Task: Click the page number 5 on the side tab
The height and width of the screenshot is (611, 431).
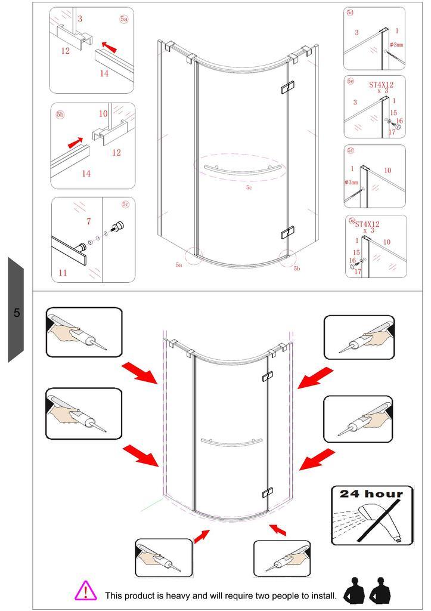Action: pyautogui.click(x=17, y=313)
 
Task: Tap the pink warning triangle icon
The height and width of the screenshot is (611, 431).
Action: pyautogui.click(x=85, y=591)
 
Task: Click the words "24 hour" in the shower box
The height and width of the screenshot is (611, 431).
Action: pyautogui.click(x=371, y=494)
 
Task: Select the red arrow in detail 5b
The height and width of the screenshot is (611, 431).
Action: pyautogui.click(x=76, y=143)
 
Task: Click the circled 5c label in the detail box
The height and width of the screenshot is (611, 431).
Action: pyautogui.click(x=125, y=204)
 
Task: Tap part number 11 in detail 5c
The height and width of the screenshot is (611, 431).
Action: pyautogui.click(x=63, y=273)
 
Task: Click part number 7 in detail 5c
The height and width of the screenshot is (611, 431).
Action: pyautogui.click(x=89, y=221)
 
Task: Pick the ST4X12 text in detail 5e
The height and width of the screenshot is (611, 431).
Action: pyautogui.click(x=381, y=85)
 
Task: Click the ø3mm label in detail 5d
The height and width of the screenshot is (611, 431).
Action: pyautogui.click(x=396, y=45)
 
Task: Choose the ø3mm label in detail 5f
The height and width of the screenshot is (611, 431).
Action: pyautogui.click(x=351, y=183)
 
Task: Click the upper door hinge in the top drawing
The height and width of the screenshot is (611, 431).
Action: pyautogui.click(x=288, y=87)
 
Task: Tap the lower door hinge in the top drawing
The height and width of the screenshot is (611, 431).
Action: pyautogui.click(x=288, y=232)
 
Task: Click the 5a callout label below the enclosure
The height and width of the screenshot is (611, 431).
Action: pyautogui.click(x=179, y=265)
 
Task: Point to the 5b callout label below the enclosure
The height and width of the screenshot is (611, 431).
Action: pyautogui.click(x=297, y=269)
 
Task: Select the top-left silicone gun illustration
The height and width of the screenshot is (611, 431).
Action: pyautogui.click(x=84, y=332)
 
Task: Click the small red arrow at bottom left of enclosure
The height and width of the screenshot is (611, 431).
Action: pyautogui.click(x=201, y=536)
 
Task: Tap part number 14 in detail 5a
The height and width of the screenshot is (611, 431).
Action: pyautogui.click(x=104, y=73)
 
